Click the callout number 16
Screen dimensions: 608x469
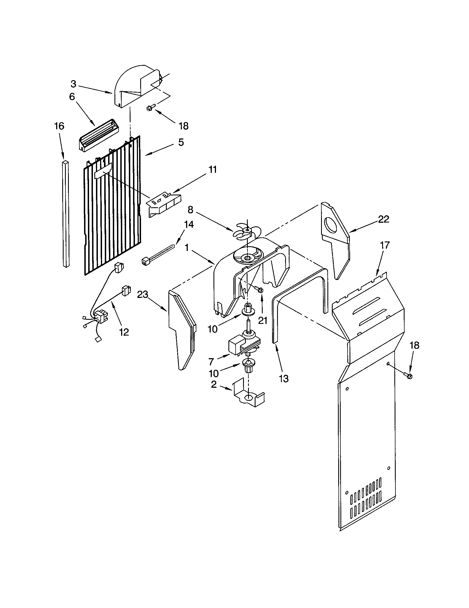(59, 126)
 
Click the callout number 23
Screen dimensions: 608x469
(142, 295)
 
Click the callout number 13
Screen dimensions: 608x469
(284, 378)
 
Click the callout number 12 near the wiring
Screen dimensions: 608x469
(124, 332)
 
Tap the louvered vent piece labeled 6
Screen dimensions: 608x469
(96, 136)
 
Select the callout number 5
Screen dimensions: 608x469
(181, 142)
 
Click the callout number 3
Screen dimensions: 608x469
(73, 84)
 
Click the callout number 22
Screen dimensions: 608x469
(384, 219)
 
